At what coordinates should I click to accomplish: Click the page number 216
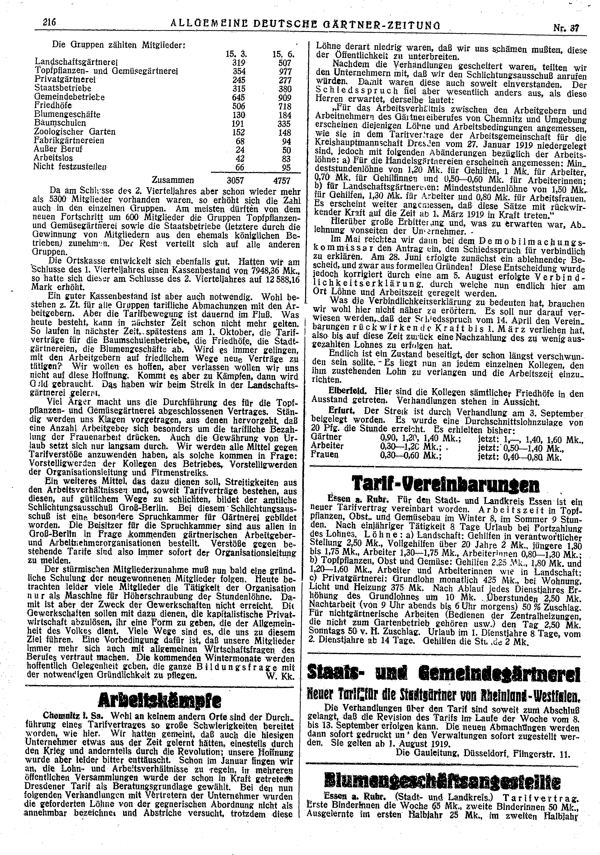49,22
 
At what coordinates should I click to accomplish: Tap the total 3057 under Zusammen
235,181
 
